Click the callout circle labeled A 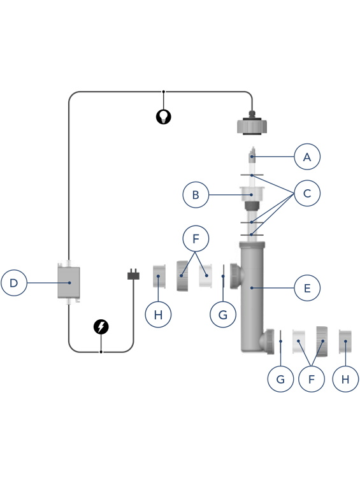pyautogui.click(x=307, y=157)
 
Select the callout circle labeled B pyautogui.click(x=196, y=195)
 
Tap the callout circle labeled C pyautogui.click(x=307, y=193)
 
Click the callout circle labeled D pyautogui.click(x=14, y=283)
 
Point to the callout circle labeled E pyautogui.click(x=307, y=288)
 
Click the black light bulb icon pyautogui.click(x=164, y=117)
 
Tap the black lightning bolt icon pyautogui.click(x=101, y=327)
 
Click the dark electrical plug pyautogui.click(x=133, y=275)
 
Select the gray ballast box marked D pyautogui.click(x=69, y=282)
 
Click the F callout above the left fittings pyautogui.click(x=196, y=238)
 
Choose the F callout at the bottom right pyautogui.click(x=311, y=379)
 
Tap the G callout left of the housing pyautogui.click(x=223, y=315)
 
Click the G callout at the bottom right pyautogui.click(x=280, y=379)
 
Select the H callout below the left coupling pyautogui.click(x=158, y=315)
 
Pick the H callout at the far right pyautogui.click(x=345, y=379)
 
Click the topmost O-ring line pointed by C pyautogui.click(x=252, y=175)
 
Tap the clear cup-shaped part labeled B pyautogui.click(x=252, y=194)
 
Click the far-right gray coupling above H pyautogui.click(x=345, y=341)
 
